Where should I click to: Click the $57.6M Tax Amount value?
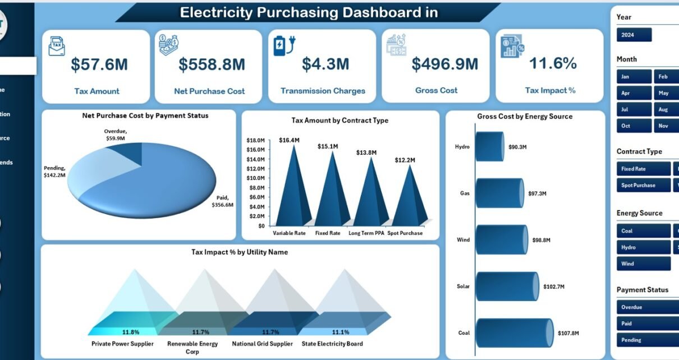click(99, 64)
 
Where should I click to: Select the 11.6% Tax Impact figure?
click(553, 63)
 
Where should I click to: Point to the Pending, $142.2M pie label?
click(54, 171)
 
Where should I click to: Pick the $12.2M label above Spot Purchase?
click(405, 160)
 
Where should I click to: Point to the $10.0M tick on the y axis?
click(256, 178)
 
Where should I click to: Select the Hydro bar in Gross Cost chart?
click(489, 146)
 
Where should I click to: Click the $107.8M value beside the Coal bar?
click(568, 333)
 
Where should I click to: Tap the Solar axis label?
click(463, 287)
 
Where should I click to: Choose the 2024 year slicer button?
click(634, 35)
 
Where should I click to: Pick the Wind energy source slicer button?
click(643, 264)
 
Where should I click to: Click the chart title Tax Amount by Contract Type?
click(339, 120)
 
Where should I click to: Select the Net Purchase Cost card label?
click(209, 91)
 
